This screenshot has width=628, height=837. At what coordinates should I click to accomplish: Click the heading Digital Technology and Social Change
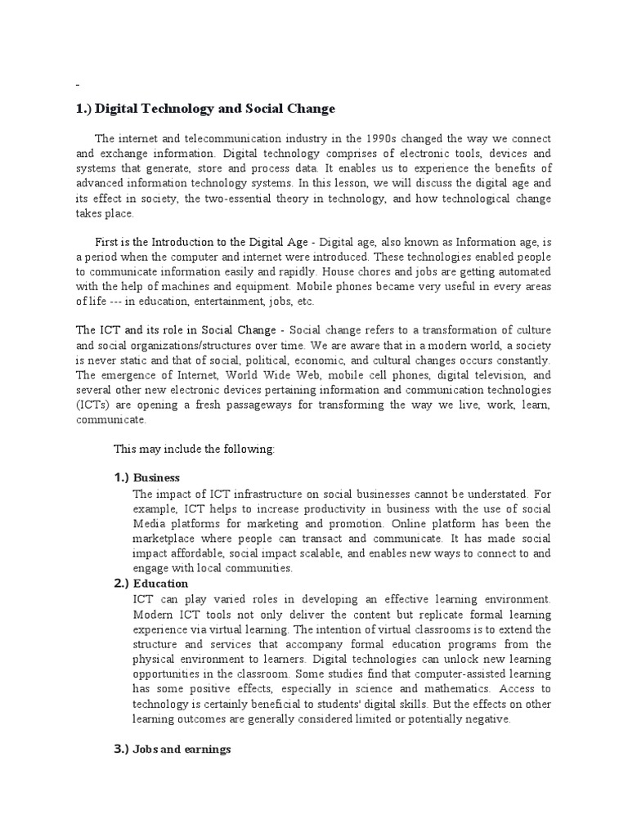205,109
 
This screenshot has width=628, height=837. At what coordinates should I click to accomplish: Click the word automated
523,271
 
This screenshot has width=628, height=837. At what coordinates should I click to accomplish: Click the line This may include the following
194,450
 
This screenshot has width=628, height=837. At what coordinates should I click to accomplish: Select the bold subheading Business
156,478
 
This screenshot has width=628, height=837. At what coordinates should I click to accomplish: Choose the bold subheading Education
160,584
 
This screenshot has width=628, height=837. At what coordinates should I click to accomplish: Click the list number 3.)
121,750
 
